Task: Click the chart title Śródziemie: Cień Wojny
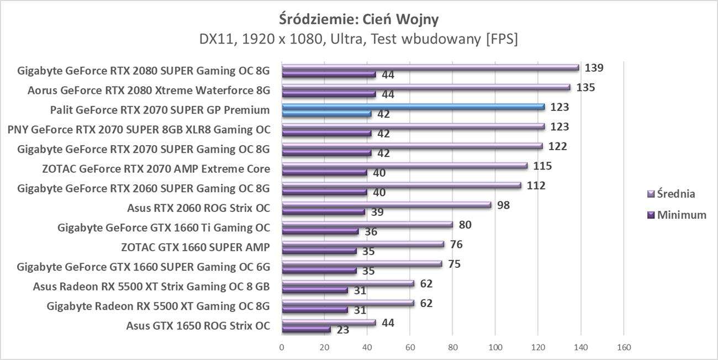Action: click(x=359, y=20)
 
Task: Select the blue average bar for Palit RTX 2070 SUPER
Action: click(x=413, y=107)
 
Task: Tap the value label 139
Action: click(x=594, y=68)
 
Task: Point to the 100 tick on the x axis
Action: click(x=495, y=347)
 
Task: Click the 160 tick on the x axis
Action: click(x=624, y=347)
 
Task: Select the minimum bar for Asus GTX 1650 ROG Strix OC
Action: click(x=306, y=329)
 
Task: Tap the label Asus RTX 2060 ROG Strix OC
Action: click(x=198, y=208)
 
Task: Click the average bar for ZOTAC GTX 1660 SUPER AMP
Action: click(x=363, y=244)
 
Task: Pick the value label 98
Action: click(x=503, y=205)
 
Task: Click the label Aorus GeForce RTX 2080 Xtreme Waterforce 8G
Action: click(x=149, y=90)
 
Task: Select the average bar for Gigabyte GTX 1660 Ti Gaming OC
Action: click(x=367, y=224)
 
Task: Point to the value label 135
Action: click(x=585, y=87)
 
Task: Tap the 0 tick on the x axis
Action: click(x=282, y=347)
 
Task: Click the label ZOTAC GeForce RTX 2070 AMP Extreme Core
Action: click(x=156, y=168)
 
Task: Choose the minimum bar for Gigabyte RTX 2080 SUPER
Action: click(x=329, y=74)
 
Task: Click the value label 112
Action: click(x=536, y=186)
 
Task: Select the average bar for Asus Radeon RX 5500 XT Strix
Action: click(x=348, y=283)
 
